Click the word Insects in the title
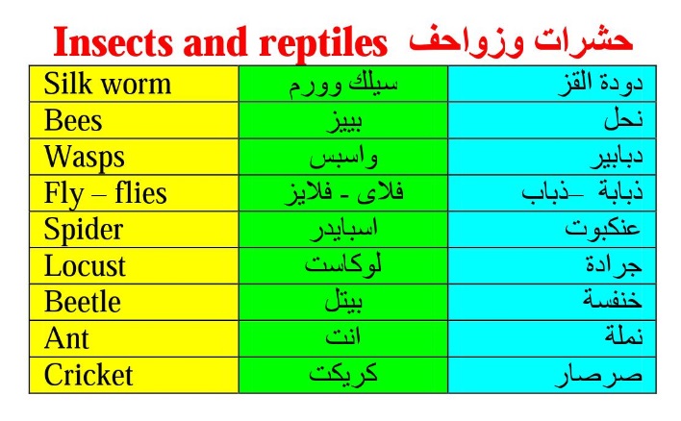point(113,41)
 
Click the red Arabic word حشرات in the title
point(583,40)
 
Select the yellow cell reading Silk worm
point(134,84)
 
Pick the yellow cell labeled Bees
point(134,120)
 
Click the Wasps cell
point(134,157)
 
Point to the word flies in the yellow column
point(140,193)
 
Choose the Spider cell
point(134,230)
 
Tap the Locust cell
point(134,266)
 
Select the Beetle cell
point(134,303)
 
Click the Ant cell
point(134,339)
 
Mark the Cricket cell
point(134,376)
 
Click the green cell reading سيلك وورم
point(343,84)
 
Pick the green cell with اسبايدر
point(343,230)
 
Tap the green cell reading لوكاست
point(343,266)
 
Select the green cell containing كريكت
point(343,376)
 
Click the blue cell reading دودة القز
point(552,84)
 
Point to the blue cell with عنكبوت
point(552,230)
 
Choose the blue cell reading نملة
point(552,339)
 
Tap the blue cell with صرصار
point(552,376)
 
